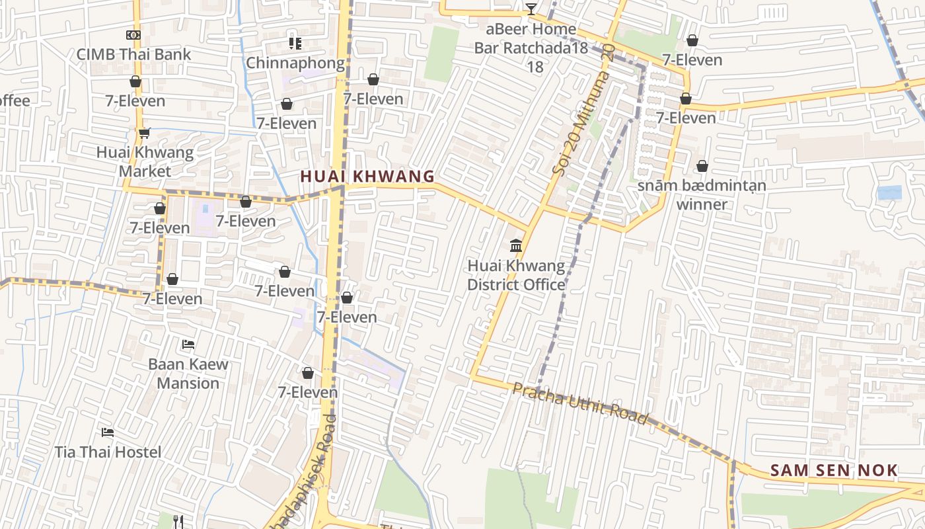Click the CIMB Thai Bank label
[x=133, y=54]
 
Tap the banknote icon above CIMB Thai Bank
[x=133, y=35]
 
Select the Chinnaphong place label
[x=295, y=63]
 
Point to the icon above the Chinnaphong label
[x=295, y=44]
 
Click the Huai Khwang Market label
[x=145, y=161]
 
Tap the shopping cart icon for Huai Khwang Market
[x=145, y=133]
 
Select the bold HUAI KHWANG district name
[x=367, y=177]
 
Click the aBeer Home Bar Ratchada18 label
[x=531, y=48]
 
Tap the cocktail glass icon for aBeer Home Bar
[x=531, y=9]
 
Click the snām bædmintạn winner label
[x=702, y=194]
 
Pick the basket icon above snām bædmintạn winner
[x=702, y=166]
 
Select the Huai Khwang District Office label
[x=516, y=275]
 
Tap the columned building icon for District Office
[x=516, y=247]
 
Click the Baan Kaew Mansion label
[x=188, y=373]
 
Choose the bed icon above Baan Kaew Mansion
[x=188, y=345]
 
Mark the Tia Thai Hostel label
[x=108, y=452]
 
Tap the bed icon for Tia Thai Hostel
[x=108, y=432]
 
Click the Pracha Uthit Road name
[x=580, y=402]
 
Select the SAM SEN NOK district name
[x=834, y=471]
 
